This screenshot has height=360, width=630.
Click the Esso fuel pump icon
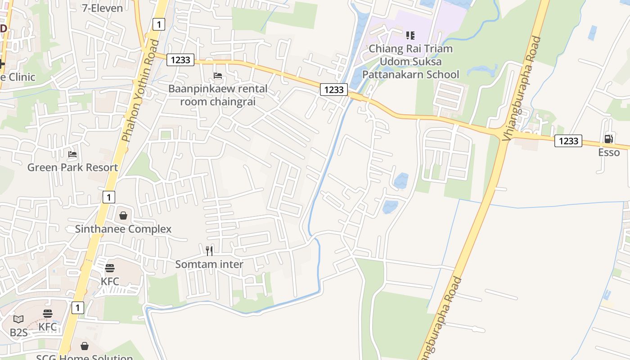tap(608, 139)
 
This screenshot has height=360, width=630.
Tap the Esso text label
tap(608, 153)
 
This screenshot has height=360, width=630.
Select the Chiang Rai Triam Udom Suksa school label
tap(410, 61)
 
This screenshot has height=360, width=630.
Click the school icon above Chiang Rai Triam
tap(410, 35)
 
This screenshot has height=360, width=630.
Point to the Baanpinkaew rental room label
tap(218, 95)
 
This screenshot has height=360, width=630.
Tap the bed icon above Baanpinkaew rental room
tap(218, 76)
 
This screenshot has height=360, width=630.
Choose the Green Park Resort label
tap(72, 167)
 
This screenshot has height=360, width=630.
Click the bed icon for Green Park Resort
tap(72, 154)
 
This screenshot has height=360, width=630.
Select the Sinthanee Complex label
tap(123, 229)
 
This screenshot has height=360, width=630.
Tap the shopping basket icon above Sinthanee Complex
tap(123, 216)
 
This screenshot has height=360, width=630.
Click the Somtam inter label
tap(209, 264)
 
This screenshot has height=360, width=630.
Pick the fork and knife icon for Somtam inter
tap(209, 251)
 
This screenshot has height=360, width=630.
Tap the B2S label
tap(18, 333)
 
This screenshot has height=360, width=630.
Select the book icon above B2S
tap(18, 319)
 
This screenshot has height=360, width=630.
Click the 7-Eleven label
tap(102, 8)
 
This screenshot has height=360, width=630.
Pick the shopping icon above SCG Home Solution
tap(85, 346)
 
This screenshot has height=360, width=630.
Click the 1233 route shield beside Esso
tap(568, 141)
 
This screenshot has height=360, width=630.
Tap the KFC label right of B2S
tap(48, 327)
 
